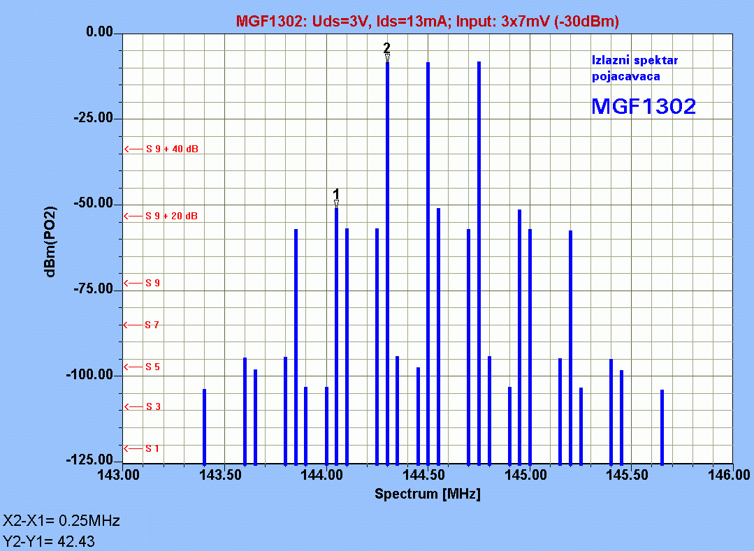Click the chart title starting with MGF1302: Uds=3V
coord(427,22)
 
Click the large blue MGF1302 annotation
coord(643,106)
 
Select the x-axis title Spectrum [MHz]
coord(428,494)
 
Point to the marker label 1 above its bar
coord(336,193)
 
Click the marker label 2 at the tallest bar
coord(386,47)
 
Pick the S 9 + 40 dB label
coord(171,149)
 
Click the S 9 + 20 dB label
coord(171,216)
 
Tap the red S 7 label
coord(152,325)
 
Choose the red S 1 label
coord(152,448)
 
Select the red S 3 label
coord(153,406)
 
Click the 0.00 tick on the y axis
coord(99,33)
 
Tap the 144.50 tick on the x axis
coord(428,475)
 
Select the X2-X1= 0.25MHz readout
coord(61,521)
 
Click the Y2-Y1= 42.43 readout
coord(49,541)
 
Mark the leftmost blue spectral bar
coord(204,426)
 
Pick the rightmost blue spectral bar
coord(662,426)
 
